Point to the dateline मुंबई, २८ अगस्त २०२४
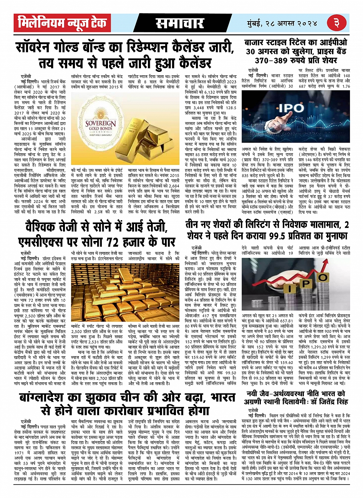pos(283,23)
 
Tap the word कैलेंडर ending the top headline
pos(190,61)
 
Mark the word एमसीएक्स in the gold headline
pos(42,242)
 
